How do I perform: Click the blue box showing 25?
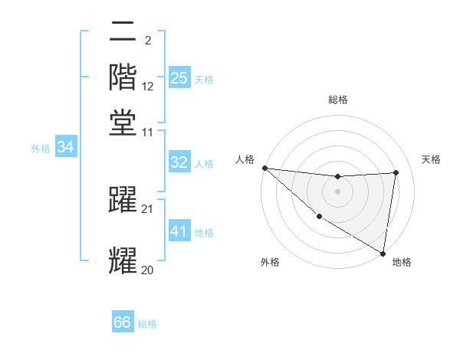179,77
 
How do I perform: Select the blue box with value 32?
179,162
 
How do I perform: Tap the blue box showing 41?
179,231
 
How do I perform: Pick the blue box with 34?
65,147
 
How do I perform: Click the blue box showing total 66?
123,322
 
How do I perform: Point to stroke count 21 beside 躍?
148,208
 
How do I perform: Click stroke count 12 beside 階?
148,87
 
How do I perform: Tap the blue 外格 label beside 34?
41,148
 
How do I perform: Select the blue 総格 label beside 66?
147,324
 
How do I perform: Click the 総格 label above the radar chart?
337,100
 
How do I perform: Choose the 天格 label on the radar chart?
432,159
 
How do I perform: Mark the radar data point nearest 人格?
264,168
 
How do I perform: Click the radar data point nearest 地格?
383,253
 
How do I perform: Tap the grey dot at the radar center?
337,191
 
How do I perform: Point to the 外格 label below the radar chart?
270,263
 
